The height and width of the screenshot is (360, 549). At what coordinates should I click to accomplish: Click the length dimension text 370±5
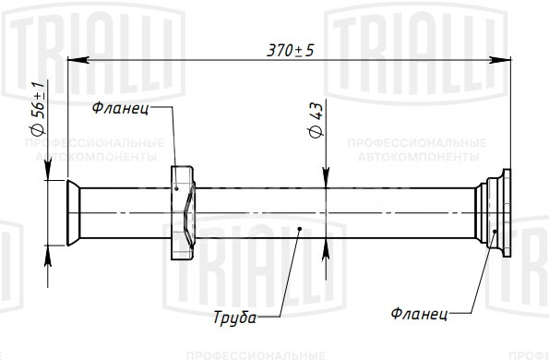click(x=291, y=51)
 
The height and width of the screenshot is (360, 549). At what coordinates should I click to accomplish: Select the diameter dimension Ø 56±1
click(x=38, y=109)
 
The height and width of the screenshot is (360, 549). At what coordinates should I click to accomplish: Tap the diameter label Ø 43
click(x=316, y=121)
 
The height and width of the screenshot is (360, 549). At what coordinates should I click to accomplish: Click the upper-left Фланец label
click(x=120, y=108)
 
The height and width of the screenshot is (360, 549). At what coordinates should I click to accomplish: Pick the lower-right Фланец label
click(x=419, y=313)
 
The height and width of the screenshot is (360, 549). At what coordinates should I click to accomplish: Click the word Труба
click(x=234, y=318)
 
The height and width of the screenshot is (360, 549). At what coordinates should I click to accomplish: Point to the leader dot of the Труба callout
click(x=300, y=229)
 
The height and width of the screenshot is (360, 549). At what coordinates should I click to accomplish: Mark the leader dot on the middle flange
click(x=177, y=188)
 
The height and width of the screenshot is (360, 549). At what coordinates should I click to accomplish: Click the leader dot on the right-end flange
click(x=495, y=231)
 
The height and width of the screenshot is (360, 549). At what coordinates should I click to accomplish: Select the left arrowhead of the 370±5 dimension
click(x=78, y=60)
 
